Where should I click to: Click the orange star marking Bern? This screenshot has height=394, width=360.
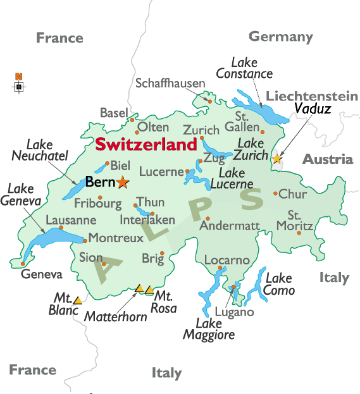[122, 183]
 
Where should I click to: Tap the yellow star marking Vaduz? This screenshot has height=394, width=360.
[276, 158]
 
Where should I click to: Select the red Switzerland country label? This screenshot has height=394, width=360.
[146, 145]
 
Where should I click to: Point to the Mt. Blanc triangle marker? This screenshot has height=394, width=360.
[77, 299]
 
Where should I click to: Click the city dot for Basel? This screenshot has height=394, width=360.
[132, 119]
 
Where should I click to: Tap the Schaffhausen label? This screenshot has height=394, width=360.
[170, 83]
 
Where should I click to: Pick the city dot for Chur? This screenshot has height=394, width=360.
[275, 194]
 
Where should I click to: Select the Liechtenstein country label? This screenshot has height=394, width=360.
[311, 96]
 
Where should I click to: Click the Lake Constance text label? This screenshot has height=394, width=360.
[244, 68]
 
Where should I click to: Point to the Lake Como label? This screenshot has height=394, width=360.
[279, 284]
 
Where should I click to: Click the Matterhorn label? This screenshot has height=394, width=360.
[116, 316]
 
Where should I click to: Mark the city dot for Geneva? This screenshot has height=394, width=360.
[23, 264]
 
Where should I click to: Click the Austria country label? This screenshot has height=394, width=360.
[327, 159]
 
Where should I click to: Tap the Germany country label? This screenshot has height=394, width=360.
[281, 37]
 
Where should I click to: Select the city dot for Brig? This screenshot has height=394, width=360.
[162, 254]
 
